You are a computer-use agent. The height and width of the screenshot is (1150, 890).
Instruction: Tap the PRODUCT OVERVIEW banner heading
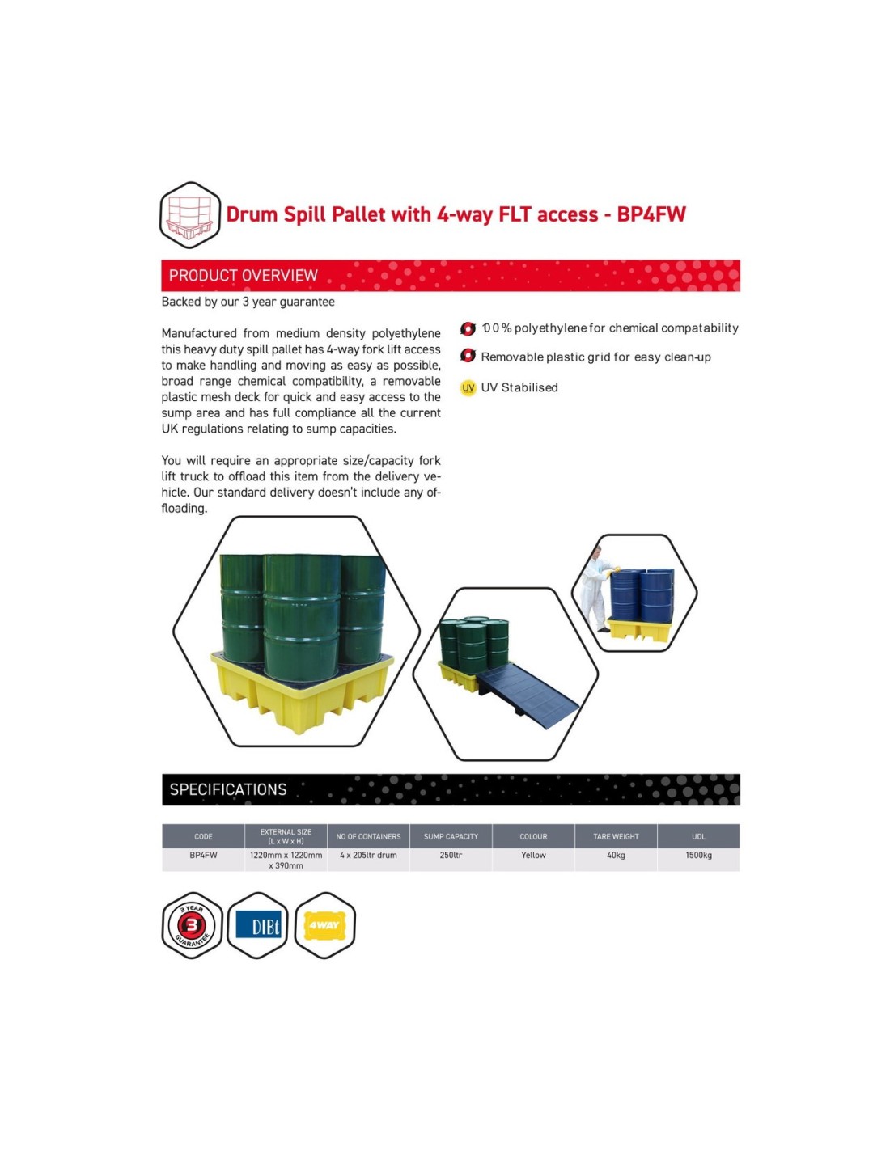coord(243,275)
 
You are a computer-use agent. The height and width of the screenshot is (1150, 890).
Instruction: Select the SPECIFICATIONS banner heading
coord(227,789)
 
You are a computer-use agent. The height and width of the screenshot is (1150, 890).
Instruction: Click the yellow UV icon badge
coord(468,388)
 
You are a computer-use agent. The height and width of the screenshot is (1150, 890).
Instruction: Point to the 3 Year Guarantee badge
coord(192,925)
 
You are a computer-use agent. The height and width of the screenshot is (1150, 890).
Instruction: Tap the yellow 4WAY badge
coord(324,925)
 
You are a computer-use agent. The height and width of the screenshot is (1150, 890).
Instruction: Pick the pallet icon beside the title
coord(189,215)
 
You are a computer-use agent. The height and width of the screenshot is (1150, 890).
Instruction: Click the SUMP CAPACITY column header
coord(451,836)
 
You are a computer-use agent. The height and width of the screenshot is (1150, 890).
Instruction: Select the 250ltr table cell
coord(451,855)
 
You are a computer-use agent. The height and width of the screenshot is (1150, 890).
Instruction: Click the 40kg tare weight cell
coord(616,855)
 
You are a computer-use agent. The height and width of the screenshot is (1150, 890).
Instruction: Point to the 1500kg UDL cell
coord(698,855)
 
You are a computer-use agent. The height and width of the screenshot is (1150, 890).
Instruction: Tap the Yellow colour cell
coord(533,855)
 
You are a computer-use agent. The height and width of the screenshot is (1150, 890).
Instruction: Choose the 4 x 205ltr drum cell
coord(368,855)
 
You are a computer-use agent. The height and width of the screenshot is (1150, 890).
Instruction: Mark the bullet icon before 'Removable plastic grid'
coord(468,356)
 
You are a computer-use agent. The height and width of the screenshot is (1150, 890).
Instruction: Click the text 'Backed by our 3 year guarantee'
coord(248,302)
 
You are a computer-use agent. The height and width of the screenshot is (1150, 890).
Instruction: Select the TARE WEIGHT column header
coord(616,836)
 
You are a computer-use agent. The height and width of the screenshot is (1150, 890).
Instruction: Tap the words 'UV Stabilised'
coord(519,387)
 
